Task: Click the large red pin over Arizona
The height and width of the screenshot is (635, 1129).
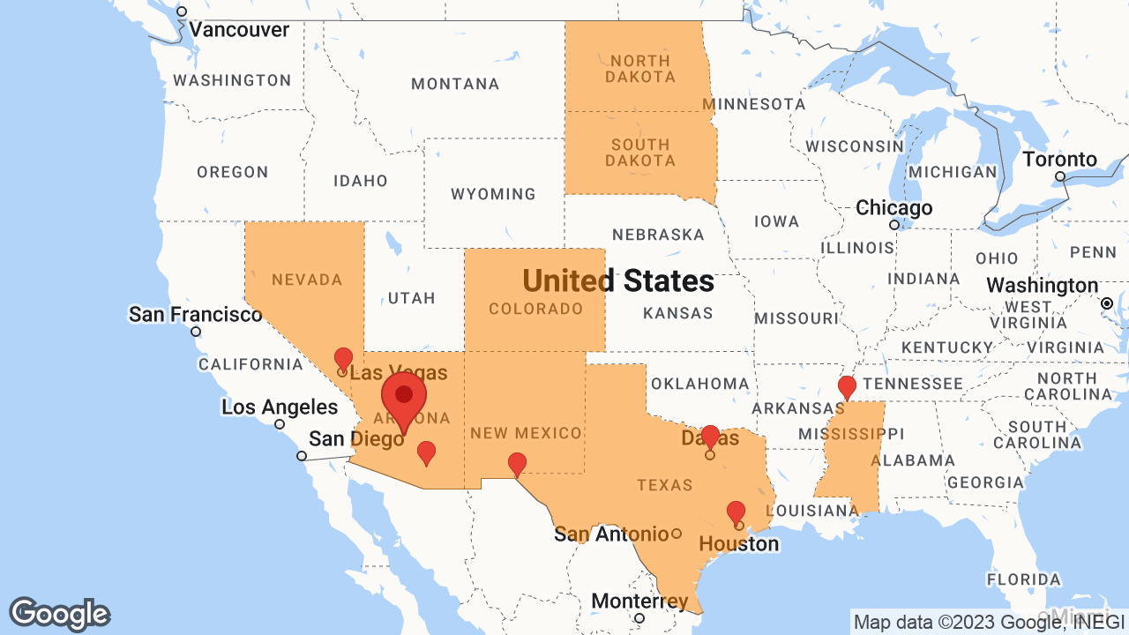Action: (404, 398)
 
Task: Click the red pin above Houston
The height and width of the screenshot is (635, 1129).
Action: (736, 512)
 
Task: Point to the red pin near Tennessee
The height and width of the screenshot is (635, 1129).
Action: (847, 386)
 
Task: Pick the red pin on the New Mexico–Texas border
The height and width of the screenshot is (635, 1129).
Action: (517, 464)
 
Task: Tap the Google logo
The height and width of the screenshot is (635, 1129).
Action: (59, 615)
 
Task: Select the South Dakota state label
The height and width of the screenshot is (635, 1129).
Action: (640, 153)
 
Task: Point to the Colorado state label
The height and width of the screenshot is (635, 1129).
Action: (536, 309)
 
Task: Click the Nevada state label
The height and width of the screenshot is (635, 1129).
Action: (307, 280)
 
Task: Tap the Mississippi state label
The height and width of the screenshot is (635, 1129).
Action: (851, 434)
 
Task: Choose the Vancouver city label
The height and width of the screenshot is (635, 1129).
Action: (239, 30)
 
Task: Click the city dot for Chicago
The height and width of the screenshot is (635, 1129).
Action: (893, 225)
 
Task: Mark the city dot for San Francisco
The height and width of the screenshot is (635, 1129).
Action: (196, 332)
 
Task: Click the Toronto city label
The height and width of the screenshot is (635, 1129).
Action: (1060, 160)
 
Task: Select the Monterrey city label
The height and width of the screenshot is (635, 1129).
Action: (639, 601)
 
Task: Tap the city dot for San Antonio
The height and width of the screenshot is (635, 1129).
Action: (677, 533)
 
